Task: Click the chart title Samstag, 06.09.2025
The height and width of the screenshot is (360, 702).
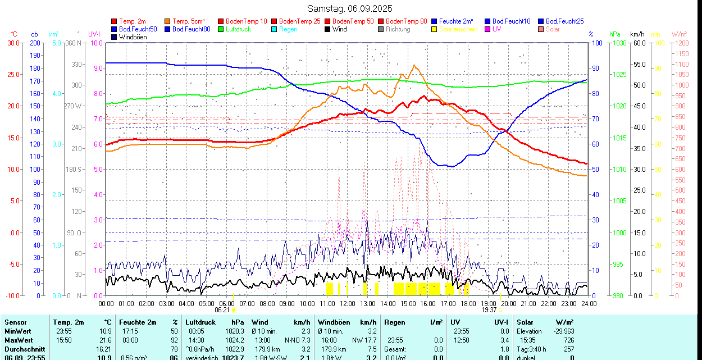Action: coord(350,8)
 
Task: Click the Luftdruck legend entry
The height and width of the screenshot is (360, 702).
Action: coord(238,29)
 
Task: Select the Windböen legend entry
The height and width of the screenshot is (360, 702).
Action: coord(133,37)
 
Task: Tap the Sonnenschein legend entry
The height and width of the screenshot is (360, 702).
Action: coord(458,29)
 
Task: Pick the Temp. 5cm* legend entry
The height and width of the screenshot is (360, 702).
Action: coord(188,21)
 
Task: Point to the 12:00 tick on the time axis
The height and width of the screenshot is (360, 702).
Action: coord(348,303)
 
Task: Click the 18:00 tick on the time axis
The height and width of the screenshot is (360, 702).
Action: coord(468,303)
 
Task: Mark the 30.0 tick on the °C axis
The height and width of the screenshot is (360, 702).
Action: coord(13,43)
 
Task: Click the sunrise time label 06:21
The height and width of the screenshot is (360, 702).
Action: coord(222,309)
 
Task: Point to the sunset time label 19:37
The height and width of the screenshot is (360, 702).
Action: coord(489,309)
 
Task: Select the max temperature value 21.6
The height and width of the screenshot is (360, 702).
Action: coord(105,340)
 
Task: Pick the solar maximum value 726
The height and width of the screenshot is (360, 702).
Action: coord(569,340)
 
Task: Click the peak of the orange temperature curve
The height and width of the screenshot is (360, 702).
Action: coord(414,65)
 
